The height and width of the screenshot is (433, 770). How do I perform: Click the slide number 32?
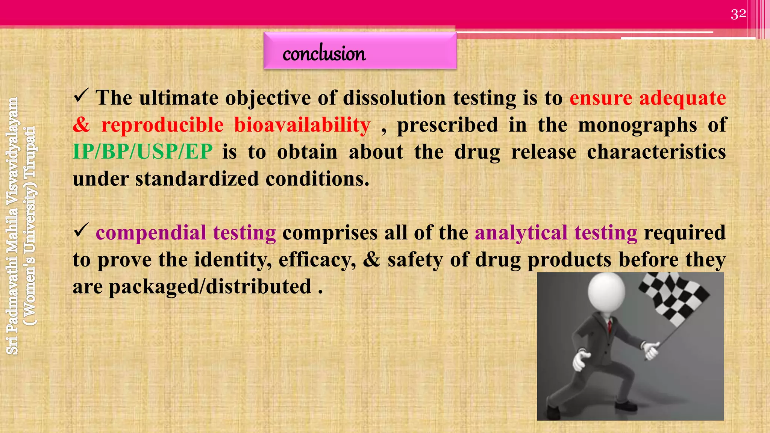[738, 14]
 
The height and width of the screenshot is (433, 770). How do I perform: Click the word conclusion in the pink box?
[324, 53]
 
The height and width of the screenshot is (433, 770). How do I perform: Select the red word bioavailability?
[302, 125]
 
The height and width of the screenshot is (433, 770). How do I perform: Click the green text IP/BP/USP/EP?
[142, 152]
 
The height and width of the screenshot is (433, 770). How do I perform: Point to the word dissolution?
[394, 98]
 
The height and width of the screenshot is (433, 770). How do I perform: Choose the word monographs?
[637, 125]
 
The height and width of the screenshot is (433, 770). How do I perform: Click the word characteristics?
[656, 152]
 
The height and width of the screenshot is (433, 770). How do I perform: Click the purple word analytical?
[521, 233]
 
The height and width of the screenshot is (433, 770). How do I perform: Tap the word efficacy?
[317, 260]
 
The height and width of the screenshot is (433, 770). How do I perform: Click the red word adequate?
[682, 98]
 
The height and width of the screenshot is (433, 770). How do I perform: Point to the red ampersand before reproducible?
[82, 125]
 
